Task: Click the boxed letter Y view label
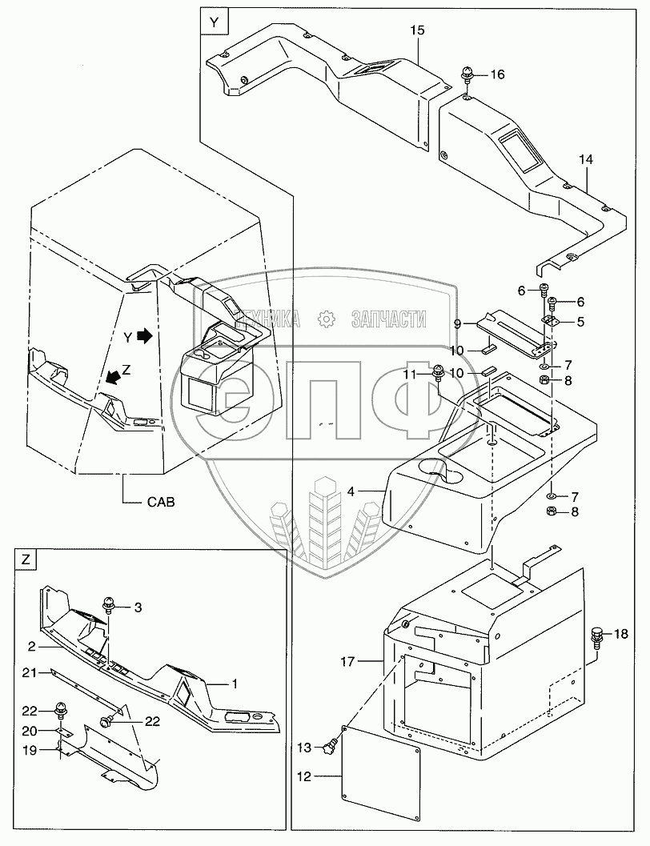(213, 22)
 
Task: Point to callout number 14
(587, 161)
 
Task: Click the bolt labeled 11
(439, 372)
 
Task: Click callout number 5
(581, 321)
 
